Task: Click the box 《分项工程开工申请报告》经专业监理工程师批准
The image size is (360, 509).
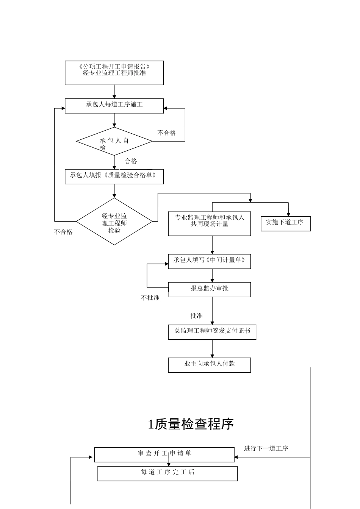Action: (114, 73)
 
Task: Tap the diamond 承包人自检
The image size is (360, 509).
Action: (114, 141)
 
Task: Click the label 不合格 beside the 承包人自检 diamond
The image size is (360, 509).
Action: (167, 133)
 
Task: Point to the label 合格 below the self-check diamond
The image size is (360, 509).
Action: (131, 161)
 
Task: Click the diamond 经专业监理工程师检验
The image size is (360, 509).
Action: (114, 222)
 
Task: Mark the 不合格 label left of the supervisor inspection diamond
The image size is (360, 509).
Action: (63, 232)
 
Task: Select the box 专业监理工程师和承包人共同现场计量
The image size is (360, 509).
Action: (209, 223)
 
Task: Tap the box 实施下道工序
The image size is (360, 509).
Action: (285, 223)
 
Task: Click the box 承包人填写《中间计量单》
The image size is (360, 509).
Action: (209, 261)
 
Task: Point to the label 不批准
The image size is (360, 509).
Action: (150, 298)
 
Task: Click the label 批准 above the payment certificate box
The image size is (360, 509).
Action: (196, 316)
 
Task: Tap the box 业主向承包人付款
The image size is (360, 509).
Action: (209, 364)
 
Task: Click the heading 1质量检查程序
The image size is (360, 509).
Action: (191, 424)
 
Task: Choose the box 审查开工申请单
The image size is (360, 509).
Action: (164, 454)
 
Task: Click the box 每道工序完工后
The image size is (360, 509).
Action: (167, 473)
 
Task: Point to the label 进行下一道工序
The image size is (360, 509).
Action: (266, 448)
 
